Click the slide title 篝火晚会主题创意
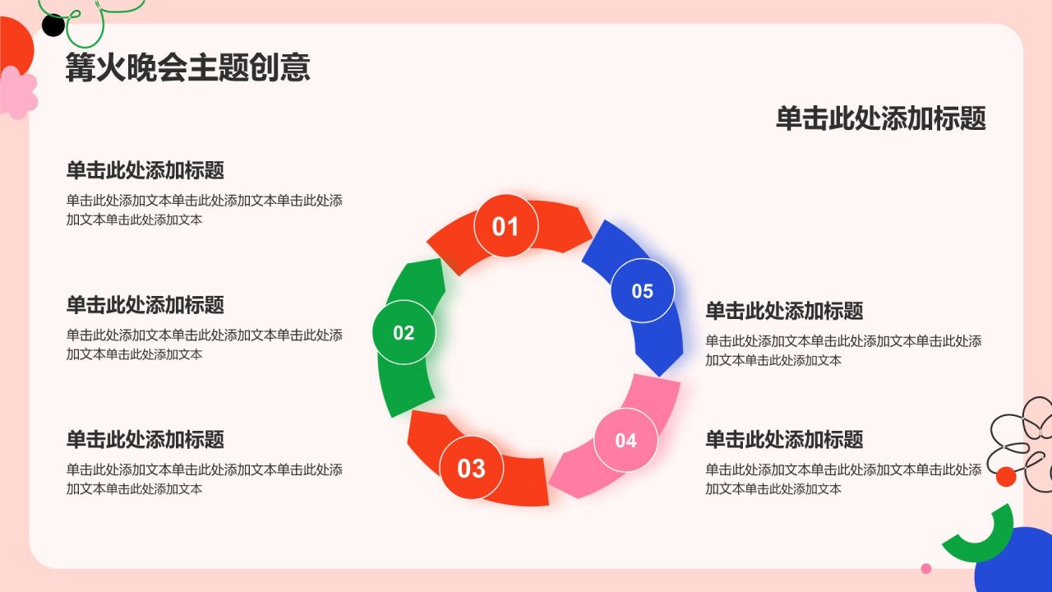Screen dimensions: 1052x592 [x=187, y=67]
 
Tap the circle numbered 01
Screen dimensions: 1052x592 [x=505, y=226]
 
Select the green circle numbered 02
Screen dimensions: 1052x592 [x=404, y=333]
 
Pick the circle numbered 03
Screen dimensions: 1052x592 [x=471, y=468]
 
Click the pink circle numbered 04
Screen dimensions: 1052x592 [x=625, y=440]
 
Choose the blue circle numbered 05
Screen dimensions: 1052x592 [x=642, y=291]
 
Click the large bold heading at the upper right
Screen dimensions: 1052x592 [x=880, y=118]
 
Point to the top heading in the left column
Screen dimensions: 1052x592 [x=145, y=170]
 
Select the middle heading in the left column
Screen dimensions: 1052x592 [x=145, y=305]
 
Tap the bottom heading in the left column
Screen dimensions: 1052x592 [x=145, y=439]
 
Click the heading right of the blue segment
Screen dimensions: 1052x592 [x=784, y=311]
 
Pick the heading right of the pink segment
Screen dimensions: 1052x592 [x=784, y=439]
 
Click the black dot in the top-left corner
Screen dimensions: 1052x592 [x=53, y=26]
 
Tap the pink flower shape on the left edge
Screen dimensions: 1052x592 [x=18, y=92]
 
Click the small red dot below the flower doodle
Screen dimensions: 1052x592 [x=1006, y=476]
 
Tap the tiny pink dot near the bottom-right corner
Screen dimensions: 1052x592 [x=926, y=568]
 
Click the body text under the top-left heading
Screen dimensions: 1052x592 [x=204, y=210]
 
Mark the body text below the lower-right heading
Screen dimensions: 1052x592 [x=843, y=479]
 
